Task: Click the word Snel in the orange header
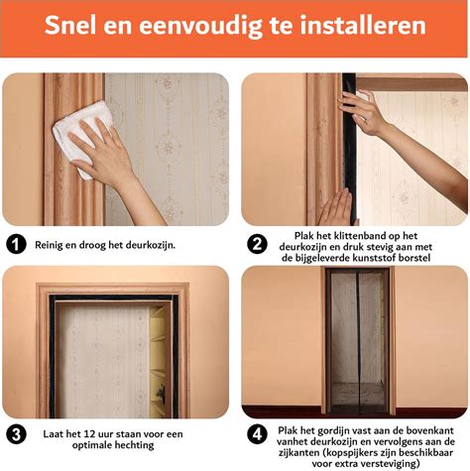coord(70,25)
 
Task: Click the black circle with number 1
coord(16,245)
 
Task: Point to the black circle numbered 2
coord(257,245)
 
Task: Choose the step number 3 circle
coord(16,434)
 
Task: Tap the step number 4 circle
coord(257,434)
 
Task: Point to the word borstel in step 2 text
coord(414,258)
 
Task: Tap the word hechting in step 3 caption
coord(137,445)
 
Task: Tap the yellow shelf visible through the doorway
coord(158,360)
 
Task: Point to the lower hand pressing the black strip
coord(335,208)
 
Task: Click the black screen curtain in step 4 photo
coord(357,340)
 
